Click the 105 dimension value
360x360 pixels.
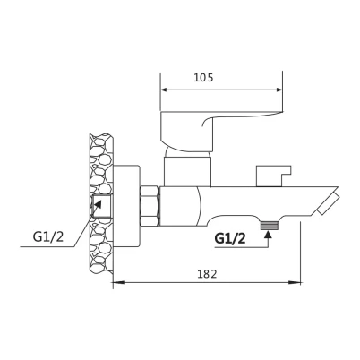pyautogui.click(x=203, y=78)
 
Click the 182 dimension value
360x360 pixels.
pyautogui.click(x=207, y=274)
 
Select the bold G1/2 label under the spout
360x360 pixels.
pyautogui.click(x=230, y=238)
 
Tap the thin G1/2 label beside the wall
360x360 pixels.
pyautogui.click(x=48, y=237)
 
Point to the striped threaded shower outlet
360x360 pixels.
pyautogui.click(x=270, y=226)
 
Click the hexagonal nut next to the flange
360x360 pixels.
pyautogui.click(x=150, y=206)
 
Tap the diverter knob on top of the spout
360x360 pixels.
pyautogui.click(x=273, y=176)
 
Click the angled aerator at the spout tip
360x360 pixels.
pyautogui.click(x=328, y=203)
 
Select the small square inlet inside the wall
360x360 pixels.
pyautogui.click(x=101, y=205)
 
